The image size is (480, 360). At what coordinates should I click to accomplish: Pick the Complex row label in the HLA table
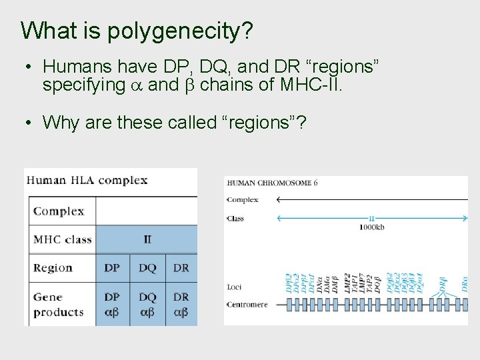click(x=59, y=211)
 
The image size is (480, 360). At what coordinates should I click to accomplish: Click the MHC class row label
click(x=63, y=239)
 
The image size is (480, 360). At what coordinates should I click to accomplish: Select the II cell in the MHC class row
click(x=147, y=239)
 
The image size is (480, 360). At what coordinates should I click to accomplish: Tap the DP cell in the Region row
click(x=112, y=268)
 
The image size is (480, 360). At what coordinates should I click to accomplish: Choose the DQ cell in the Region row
click(x=147, y=268)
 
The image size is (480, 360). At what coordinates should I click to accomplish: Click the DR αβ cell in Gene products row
click(x=181, y=304)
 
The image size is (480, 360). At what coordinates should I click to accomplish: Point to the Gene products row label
click(x=59, y=304)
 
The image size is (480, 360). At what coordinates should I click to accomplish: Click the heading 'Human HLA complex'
click(x=87, y=180)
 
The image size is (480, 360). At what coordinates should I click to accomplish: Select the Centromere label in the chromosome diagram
click(x=247, y=305)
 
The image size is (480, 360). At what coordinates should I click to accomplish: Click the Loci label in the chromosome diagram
click(x=233, y=287)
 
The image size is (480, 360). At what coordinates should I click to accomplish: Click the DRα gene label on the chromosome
click(x=465, y=283)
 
